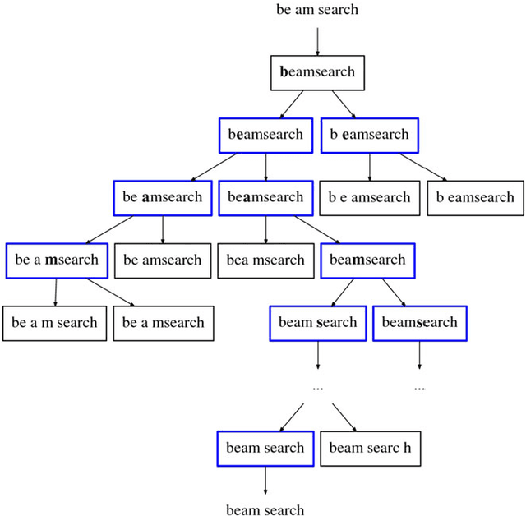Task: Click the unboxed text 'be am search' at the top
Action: coord(317,10)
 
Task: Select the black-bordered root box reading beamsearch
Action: coord(317,72)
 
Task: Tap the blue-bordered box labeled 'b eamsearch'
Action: coord(369,135)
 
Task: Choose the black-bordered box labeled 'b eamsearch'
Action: coord(475,197)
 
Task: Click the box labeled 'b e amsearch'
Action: coord(369,197)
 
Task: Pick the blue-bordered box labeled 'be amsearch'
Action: coord(162,197)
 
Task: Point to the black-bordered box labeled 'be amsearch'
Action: coord(162,260)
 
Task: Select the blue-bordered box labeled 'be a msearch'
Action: coord(56,260)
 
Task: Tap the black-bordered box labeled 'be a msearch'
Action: coord(163,323)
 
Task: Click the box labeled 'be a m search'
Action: coord(54,323)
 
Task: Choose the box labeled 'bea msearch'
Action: coord(265,260)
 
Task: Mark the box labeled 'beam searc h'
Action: coord(370,448)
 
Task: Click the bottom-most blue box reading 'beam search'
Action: coord(265,448)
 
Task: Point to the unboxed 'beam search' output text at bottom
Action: coord(265,510)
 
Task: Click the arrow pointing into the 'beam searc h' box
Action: coord(344,417)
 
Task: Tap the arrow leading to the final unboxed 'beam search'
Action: coord(265,481)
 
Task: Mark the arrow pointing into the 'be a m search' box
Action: coord(55,293)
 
